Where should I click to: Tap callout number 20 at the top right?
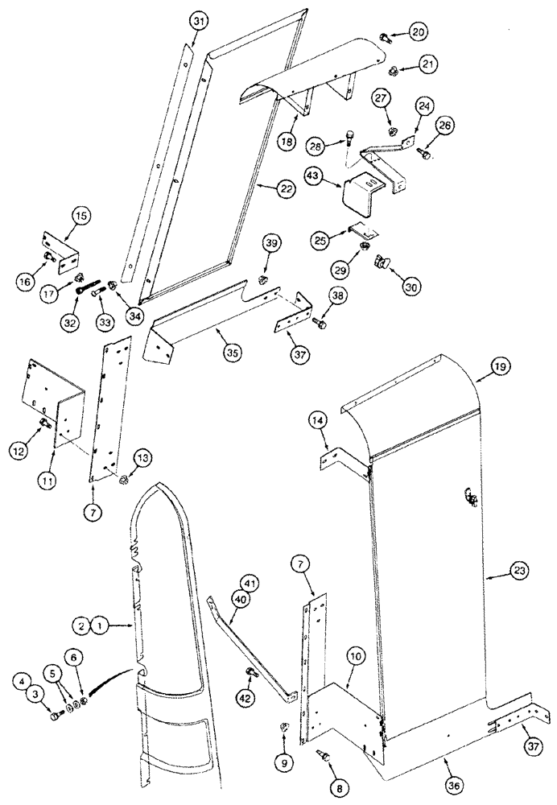pyautogui.click(x=418, y=31)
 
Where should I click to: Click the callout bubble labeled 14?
pyautogui.click(x=316, y=419)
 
